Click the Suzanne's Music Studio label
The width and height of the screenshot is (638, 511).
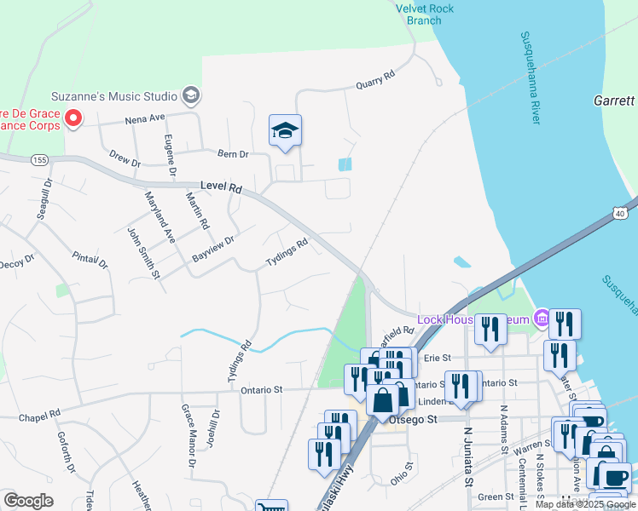click(x=114, y=95)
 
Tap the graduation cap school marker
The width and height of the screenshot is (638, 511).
click(x=285, y=131)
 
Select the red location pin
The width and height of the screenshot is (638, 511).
click(x=73, y=118)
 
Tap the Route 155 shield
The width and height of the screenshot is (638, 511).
click(x=39, y=160)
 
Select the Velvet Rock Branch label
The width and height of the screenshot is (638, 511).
click(x=425, y=14)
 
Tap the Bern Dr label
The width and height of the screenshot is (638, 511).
click(x=232, y=154)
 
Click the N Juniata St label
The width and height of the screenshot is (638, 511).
click(x=468, y=457)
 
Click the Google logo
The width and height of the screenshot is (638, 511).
click(x=28, y=501)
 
